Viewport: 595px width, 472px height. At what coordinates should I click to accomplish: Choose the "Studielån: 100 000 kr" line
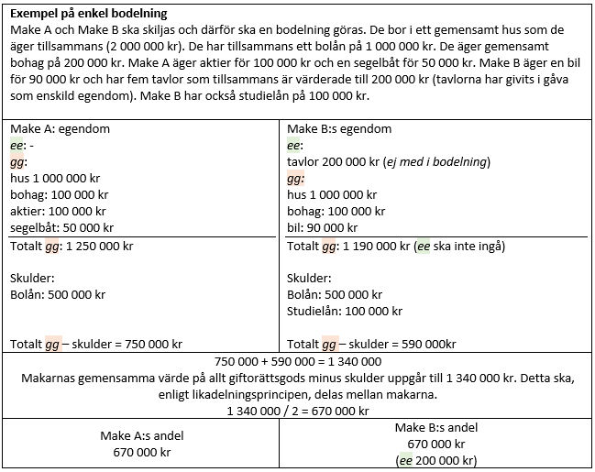[345, 311]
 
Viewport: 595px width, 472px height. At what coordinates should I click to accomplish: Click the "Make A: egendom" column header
[60, 129]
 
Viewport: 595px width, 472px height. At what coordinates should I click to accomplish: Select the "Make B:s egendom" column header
[339, 129]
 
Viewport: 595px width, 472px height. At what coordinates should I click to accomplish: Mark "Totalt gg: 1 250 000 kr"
[72, 246]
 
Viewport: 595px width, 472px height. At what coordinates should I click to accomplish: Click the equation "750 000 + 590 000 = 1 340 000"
[298, 361]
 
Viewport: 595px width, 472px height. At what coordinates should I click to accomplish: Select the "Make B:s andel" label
[436, 427]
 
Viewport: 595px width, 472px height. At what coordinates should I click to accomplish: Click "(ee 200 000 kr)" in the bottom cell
[436, 460]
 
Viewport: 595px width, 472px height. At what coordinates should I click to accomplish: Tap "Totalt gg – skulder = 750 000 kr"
[96, 345]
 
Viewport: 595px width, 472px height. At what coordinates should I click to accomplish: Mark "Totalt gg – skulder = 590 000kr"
[371, 345]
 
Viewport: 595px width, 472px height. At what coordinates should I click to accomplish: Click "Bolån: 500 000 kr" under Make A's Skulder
[58, 294]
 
